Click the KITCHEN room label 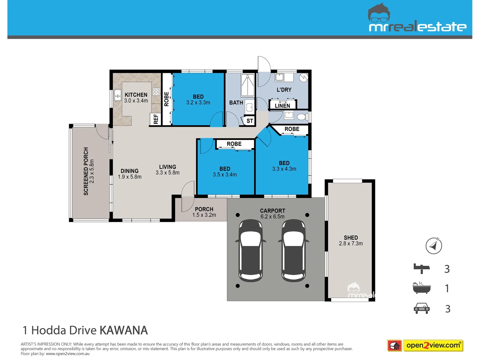(136, 95)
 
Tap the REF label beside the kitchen (156, 119)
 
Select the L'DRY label (284, 90)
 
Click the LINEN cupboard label (282, 106)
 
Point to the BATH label (236, 103)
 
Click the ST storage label (250, 121)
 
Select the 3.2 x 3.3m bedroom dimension (198, 103)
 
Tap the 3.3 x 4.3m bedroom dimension (284, 169)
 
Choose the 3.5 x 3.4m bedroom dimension (225, 175)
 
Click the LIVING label (167, 167)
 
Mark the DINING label (130, 171)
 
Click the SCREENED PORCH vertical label (86, 171)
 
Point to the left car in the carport (251, 250)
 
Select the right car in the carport (293, 250)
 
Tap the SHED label (351, 238)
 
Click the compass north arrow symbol (434, 246)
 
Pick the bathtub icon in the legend (422, 288)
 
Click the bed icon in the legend (422, 268)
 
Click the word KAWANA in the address (124, 330)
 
